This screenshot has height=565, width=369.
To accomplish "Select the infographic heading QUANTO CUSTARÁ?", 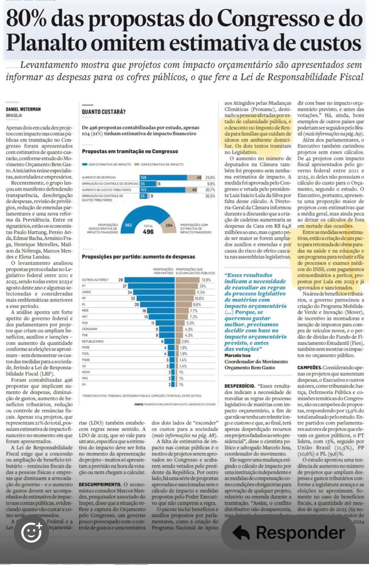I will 104,112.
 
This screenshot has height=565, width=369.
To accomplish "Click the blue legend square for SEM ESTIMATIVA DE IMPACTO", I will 84,165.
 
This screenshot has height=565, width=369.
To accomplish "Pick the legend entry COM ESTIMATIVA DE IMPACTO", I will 162,165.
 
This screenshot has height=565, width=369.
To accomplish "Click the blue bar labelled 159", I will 163,178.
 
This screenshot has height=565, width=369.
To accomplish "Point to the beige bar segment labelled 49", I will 194,178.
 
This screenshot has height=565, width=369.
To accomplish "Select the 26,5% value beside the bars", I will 210,196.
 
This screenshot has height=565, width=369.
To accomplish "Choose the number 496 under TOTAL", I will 148,232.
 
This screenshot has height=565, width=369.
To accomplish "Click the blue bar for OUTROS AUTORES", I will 150,280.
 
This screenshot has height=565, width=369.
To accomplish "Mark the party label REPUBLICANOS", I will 93,341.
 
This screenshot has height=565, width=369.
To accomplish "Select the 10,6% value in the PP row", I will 199,298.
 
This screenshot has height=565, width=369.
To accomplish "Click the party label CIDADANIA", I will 89,329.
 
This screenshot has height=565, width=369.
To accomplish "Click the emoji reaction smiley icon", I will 31,533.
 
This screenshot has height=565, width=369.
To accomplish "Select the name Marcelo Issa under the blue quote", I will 238,355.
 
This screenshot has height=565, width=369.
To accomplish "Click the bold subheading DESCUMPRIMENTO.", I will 100,484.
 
